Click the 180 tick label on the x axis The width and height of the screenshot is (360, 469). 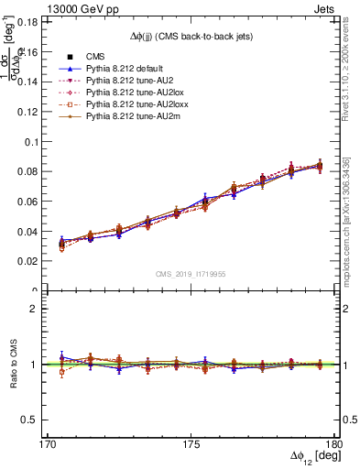point(334,443)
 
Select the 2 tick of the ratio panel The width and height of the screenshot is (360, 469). point(35,309)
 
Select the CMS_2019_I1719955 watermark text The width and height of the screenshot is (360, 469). point(190,273)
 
